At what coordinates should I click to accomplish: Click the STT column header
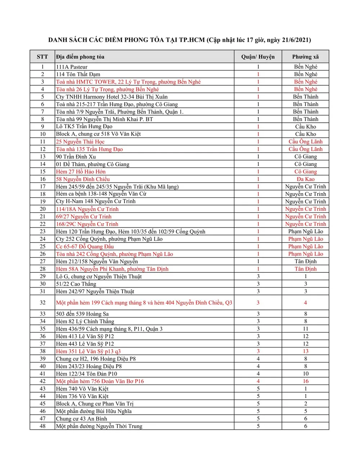point(42,57)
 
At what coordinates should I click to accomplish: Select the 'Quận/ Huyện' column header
point(258,57)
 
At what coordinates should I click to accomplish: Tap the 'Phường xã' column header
point(305,57)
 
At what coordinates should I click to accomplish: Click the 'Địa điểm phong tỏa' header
point(80,57)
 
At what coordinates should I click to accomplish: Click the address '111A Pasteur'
point(72,67)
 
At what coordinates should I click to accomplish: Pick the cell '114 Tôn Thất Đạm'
point(78,74)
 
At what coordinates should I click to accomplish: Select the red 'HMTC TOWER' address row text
point(128,82)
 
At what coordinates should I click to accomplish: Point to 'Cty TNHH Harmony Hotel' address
point(112,97)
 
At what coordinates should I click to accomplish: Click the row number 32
point(42,303)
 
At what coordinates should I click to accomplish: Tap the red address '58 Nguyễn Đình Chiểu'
point(83,179)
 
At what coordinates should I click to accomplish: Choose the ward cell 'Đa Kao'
point(305,179)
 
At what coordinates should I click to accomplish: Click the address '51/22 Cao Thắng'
point(76,284)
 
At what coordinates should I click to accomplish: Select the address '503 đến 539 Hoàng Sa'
point(82,314)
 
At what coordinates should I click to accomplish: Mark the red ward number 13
point(305,351)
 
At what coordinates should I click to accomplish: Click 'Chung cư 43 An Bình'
point(81,419)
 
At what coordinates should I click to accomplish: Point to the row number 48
point(42,426)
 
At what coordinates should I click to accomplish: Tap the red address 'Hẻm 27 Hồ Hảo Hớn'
point(81,172)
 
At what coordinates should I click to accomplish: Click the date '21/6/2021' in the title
point(296,40)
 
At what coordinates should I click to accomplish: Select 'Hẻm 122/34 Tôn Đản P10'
point(86,374)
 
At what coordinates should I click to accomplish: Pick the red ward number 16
point(305,381)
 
